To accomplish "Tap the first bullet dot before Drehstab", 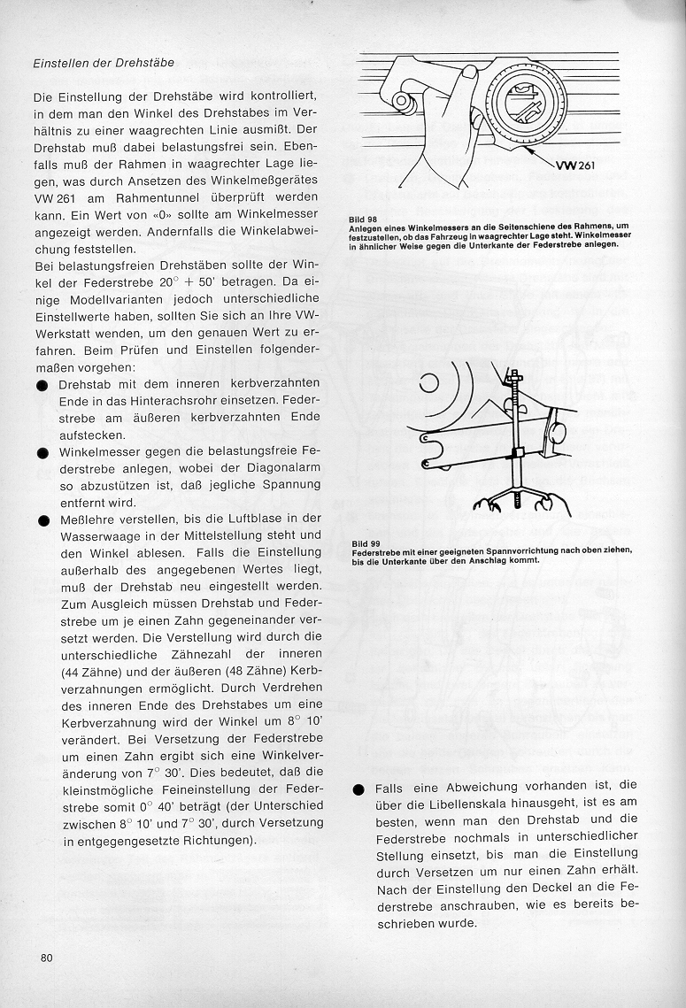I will pyautogui.click(x=42, y=386).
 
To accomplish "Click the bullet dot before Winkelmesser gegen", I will pyautogui.click(x=42, y=453).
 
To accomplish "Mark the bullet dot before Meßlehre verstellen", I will pyautogui.click(x=42, y=520).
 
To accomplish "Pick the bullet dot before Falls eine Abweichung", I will pyautogui.click(x=358, y=789).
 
